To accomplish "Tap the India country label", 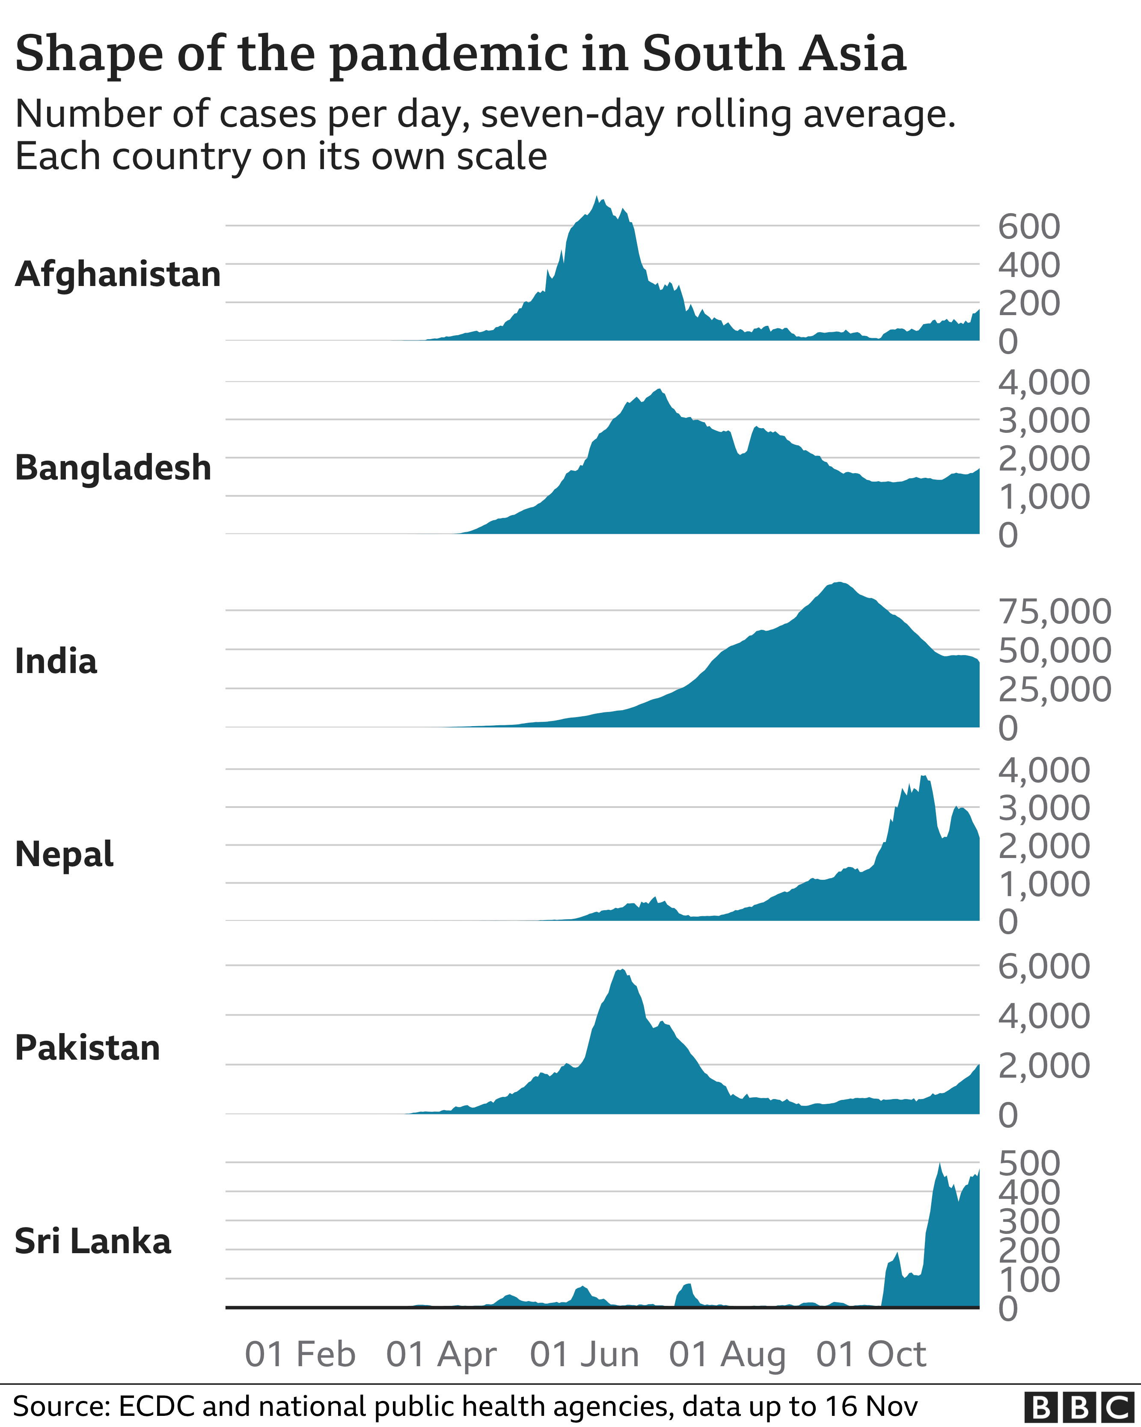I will [x=56, y=661].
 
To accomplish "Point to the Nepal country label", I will [x=64, y=855].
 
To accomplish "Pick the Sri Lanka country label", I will [x=92, y=1241].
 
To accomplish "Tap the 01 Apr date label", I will [x=441, y=1354].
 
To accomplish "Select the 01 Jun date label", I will [x=585, y=1354].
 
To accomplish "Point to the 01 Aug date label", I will [x=727, y=1354].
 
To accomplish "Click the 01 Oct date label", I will [x=871, y=1354].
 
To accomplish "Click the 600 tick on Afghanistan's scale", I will [x=1028, y=226].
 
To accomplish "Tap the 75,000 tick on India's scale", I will [x=1055, y=611].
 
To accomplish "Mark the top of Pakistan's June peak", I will [x=621, y=970].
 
